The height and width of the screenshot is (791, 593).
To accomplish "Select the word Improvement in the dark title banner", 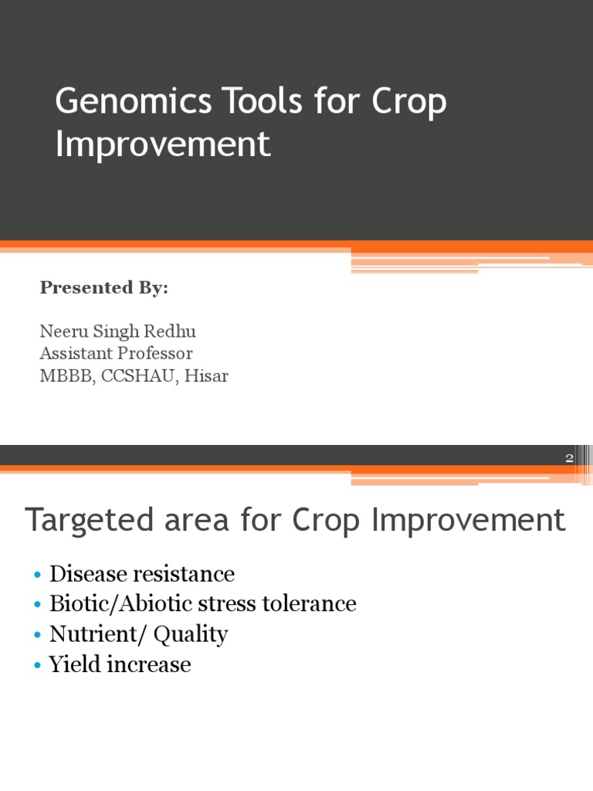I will point(163,144).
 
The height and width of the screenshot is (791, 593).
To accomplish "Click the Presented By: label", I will point(103,288).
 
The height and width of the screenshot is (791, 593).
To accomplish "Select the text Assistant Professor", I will point(116,354).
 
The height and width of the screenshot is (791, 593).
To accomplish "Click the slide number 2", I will point(569,458).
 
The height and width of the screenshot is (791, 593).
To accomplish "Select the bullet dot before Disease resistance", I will point(37,575).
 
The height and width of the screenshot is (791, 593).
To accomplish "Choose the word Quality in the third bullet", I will point(190,635).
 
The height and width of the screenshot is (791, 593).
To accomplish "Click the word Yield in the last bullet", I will point(71,664).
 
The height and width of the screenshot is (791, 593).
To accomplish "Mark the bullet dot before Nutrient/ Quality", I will point(37,636).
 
